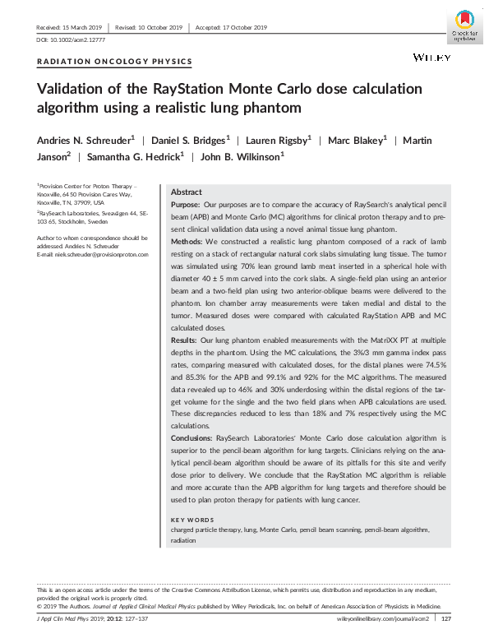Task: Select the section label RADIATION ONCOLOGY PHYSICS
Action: pyautogui.click(x=115, y=62)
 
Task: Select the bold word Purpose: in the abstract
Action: pyautogui.click(x=188, y=204)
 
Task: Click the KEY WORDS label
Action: pyautogui.click(x=192, y=520)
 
